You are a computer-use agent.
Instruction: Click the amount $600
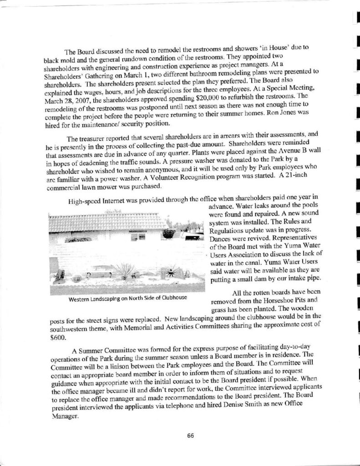[57, 339]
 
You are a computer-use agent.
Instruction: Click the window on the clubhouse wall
[137, 237]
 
